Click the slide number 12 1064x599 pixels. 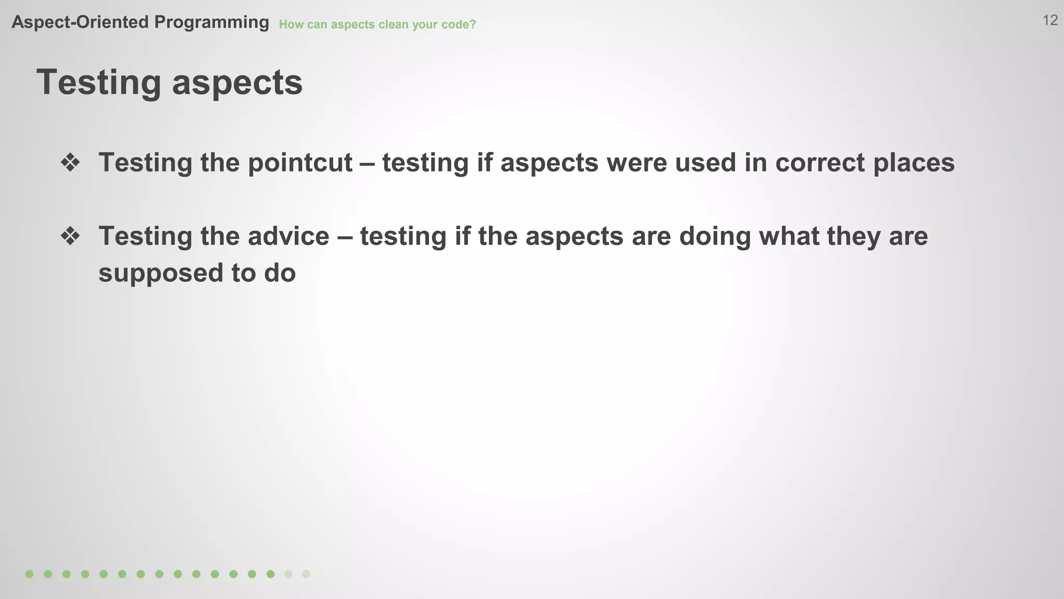click(x=1050, y=20)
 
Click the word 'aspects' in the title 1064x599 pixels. click(x=237, y=83)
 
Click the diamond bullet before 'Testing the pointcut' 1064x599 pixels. click(x=70, y=163)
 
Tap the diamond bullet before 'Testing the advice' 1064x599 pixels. click(x=70, y=237)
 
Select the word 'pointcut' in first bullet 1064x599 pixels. click(x=300, y=163)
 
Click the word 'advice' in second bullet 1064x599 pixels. click(x=288, y=237)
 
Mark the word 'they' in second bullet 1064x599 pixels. click(x=853, y=237)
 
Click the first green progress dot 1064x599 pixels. click(x=30, y=574)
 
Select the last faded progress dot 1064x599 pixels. click(x=306, y=574)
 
